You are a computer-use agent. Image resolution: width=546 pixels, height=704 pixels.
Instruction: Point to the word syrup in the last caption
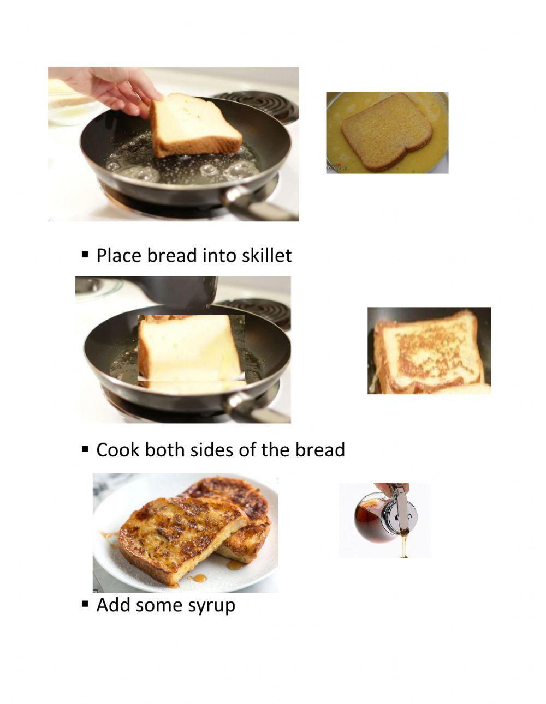pyautogui.click(x=212, y=605)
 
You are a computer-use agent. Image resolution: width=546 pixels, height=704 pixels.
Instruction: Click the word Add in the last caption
pyautogui.click(x=113, y=605)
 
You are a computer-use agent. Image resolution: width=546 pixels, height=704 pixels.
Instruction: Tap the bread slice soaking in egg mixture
pyautogui.click(x=387, y=131)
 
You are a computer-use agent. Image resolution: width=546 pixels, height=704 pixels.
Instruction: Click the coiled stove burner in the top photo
pyautogui.click(x=262, y=104)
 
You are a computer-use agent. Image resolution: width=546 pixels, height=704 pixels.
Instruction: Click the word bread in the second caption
pyautogui.click(x=320, y=450)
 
